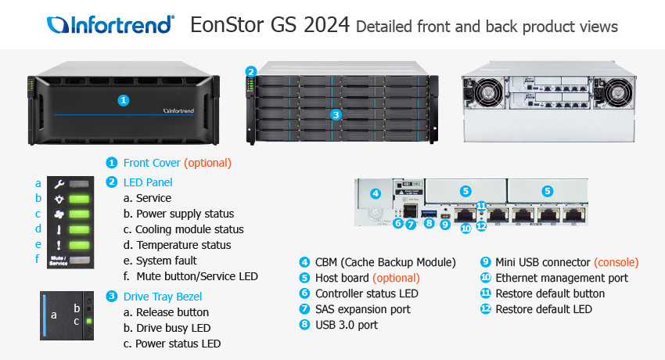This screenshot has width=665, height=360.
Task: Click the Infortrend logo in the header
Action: (x=110, y=25)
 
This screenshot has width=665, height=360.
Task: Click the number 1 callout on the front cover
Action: (x=123, y=100)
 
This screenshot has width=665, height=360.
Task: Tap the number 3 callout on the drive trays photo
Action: (x=336, y=115)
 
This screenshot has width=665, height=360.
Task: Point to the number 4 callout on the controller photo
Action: (x=375, y=193)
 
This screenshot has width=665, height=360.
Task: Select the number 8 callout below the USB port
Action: (x=429, y=224)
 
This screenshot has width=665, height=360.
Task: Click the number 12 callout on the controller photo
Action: (x=481, y=227)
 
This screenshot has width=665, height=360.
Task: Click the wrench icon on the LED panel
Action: (x=59, y=184)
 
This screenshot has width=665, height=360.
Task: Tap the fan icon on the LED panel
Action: (x=59, y=214)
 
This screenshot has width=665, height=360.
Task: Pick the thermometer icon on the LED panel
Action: (x=59, y=229)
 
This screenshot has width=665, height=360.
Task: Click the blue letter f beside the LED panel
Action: (x=38, y=259)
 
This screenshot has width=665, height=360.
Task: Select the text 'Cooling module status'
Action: (x=189, y=229)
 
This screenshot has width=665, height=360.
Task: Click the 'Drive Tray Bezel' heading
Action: (x=163, y=296)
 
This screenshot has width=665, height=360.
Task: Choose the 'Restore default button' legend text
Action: (x=550, y=293)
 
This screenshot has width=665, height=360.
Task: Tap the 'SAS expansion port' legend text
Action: (x=362, y=309)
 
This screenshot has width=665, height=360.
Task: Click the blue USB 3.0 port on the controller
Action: (x=429, y=213)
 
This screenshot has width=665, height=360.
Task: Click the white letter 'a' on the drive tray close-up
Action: (x=54, y=315)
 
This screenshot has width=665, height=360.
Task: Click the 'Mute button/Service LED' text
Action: (x=197, y=276)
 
